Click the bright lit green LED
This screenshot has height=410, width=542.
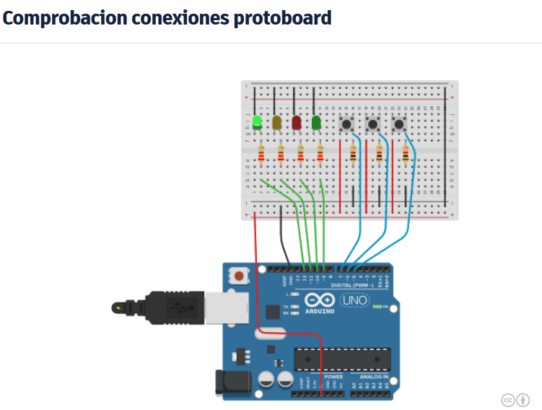click(x=258, y=122)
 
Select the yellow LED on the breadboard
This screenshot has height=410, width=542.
click(x=277, y=123)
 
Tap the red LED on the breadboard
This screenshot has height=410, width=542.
click(x=297, y=123)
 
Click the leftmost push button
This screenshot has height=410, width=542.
click(x=346, y=124)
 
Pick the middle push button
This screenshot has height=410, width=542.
click(x=373, y=124)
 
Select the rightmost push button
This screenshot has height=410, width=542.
click(x=399, y=124)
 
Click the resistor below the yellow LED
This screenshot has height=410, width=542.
click(x=281, y=154)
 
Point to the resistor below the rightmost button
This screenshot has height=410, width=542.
click(x=406, y=154)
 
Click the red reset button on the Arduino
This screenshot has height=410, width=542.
click(x=237, y=274)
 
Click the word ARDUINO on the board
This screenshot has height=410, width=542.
click(x=320, y=311)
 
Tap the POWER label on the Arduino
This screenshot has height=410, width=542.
click(x=333, y=377)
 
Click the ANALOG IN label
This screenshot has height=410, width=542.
click(x=373, y=377)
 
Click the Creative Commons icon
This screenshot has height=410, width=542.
click(x=508, y=400)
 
